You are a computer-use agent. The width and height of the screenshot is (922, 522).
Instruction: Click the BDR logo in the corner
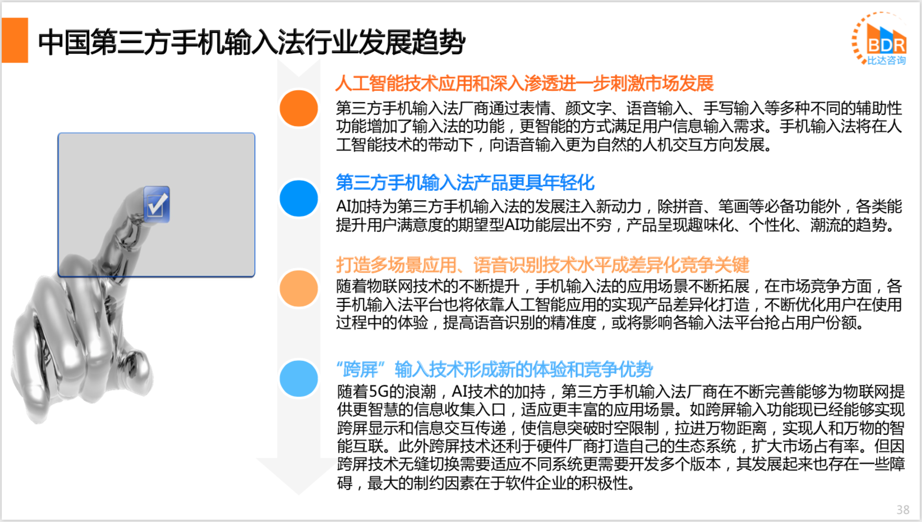coord(879,39)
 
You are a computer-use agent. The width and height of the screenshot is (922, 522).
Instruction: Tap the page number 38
coord(903,510)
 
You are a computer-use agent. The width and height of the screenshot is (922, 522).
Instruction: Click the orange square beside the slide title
coord(15,40)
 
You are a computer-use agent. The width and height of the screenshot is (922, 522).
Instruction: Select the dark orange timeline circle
coord(298,108)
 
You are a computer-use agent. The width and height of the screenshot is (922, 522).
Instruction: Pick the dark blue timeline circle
coord(298,198)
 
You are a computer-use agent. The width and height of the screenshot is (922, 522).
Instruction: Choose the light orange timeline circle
coord(298,288)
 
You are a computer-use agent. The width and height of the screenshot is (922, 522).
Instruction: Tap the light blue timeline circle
coord(298,378)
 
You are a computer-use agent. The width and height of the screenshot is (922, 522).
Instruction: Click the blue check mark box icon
coord(156,204)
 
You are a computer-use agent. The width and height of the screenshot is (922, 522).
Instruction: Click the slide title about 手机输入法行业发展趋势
coord(251,42)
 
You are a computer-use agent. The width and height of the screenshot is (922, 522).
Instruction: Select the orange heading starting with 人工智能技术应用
coord(524,83)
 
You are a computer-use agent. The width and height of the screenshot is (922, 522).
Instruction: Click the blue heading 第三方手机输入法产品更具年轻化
coord(465,182)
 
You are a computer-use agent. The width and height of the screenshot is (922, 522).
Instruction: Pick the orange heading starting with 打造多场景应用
coord(542,264)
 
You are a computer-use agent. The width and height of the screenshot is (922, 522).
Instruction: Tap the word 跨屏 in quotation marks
coord(360,369)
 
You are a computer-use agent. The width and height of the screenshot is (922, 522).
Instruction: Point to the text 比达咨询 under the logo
coord(887,61)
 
